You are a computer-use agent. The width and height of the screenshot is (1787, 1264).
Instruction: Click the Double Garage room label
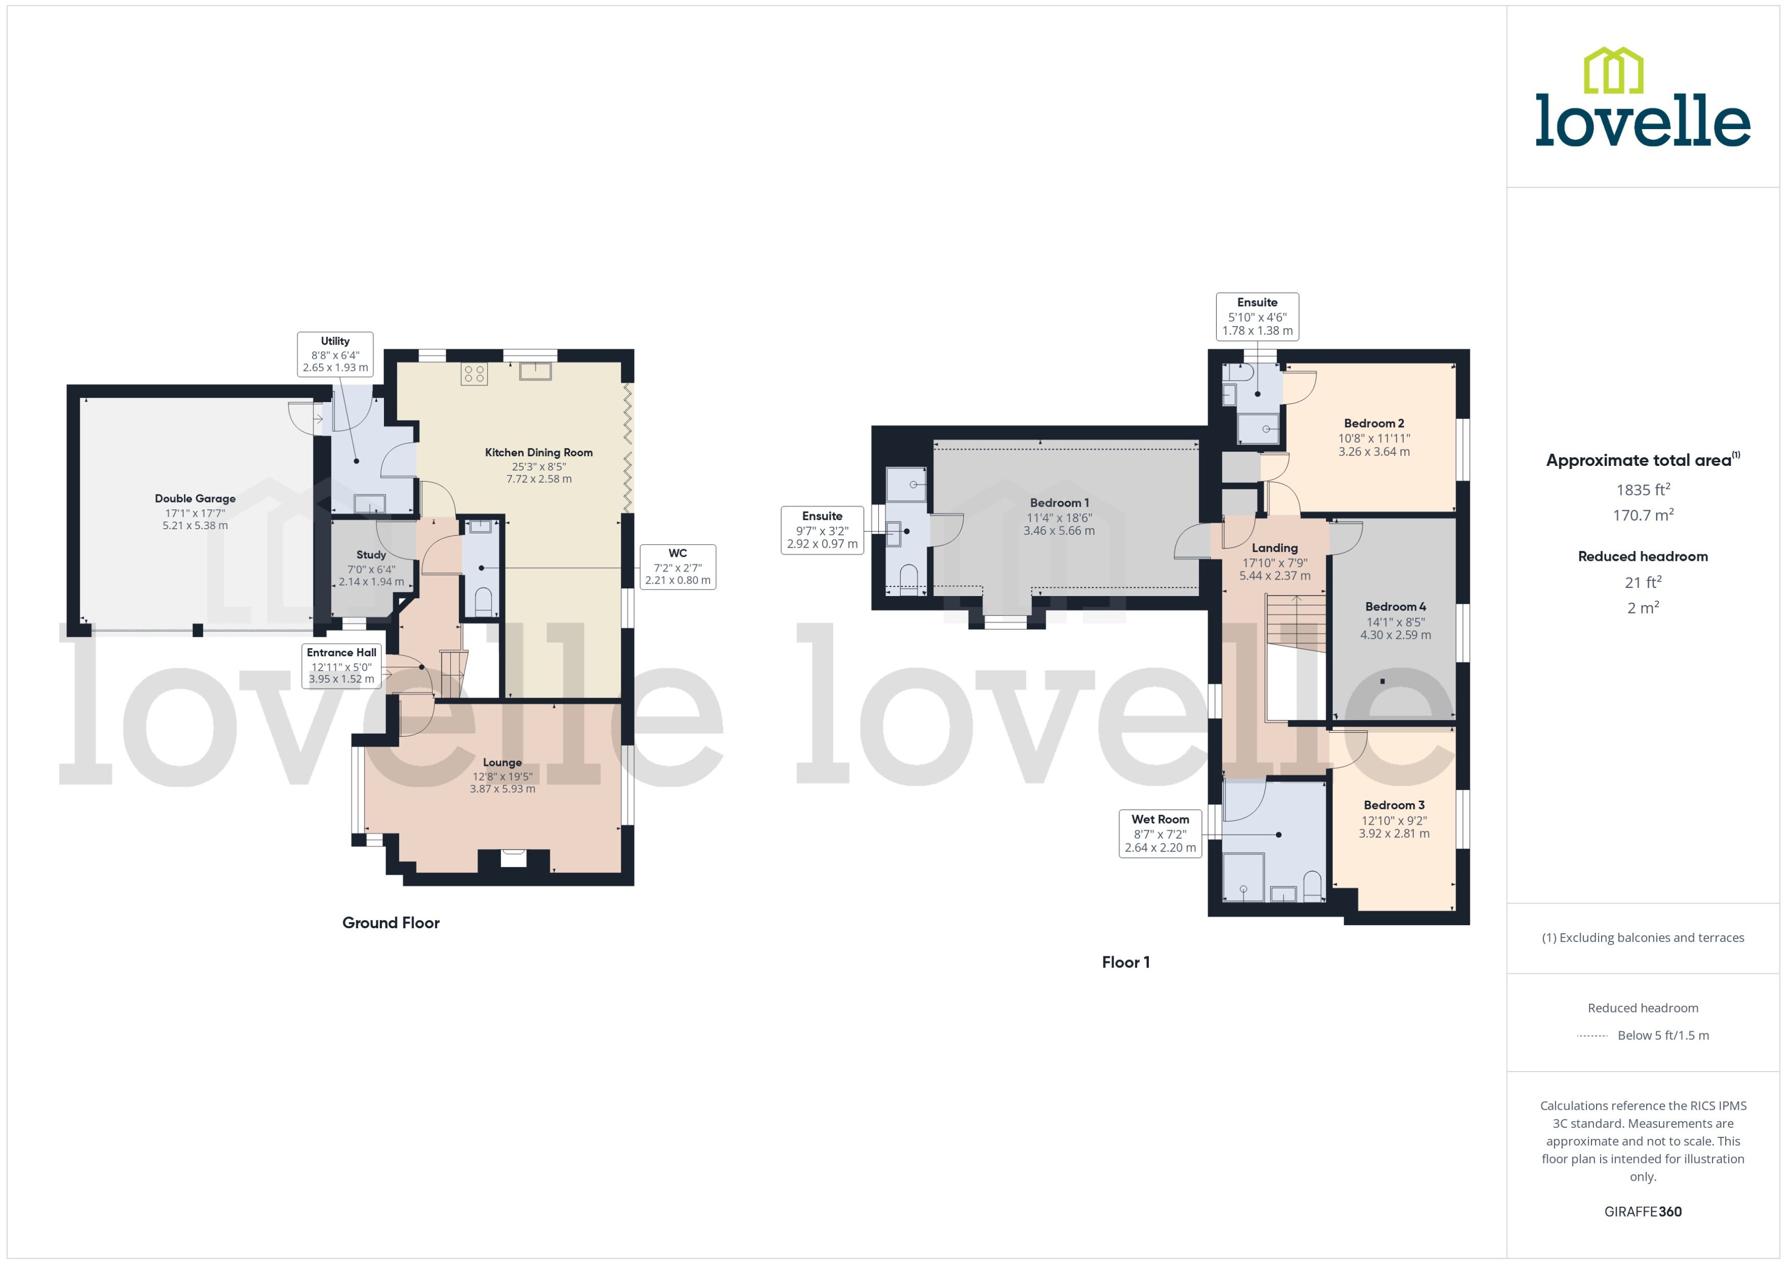pyautogui.click(x=195, y=498)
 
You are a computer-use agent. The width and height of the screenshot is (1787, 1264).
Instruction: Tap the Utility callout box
pyautogui.click(x=335, y=354)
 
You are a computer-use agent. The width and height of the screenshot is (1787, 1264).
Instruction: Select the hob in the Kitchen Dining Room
pyautogui.click(x=474, y=375)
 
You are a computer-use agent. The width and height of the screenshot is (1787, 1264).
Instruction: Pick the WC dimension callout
pyautogui.click(x=678, y=566)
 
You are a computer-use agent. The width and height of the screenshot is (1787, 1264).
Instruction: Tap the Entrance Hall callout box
pyautogui.click(x=341, y=665)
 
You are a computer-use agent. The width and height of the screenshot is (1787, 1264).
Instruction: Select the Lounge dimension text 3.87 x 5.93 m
pyautogui.click(x=502, y=788)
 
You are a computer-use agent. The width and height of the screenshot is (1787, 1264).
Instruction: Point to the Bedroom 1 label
pyautogui.click(x=1059, y=503)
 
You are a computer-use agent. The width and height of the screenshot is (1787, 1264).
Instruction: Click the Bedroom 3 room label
pyautogui.click(x=1394, y=805)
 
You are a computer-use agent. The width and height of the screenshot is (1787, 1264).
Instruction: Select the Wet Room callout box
pyautogui.click(x=1160, y=834)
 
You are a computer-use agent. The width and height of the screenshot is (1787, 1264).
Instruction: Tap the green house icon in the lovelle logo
pyautogui.click(x=1613, y=71)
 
